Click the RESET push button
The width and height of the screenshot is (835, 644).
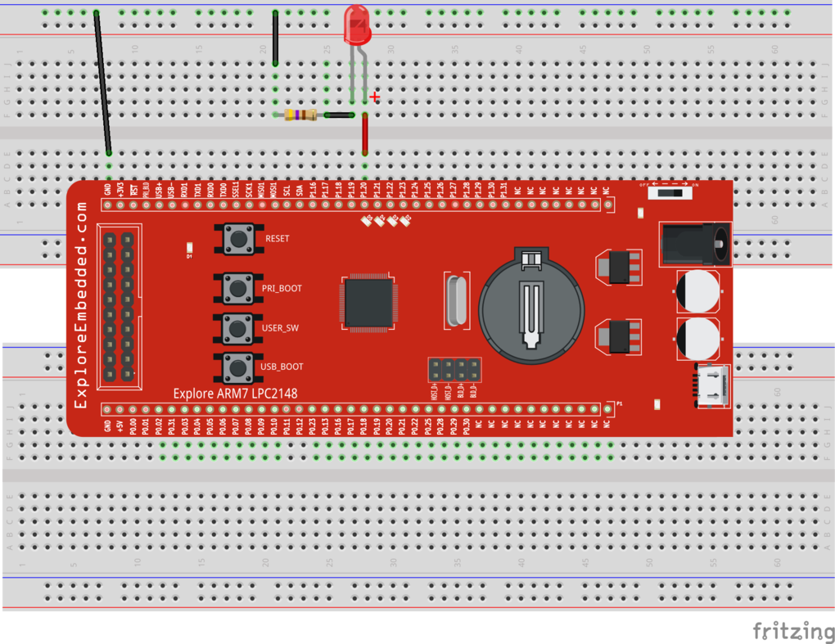pos(238,239)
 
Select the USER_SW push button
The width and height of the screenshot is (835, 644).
pos(238,328)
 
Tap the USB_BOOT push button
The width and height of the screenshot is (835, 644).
pos(238,367)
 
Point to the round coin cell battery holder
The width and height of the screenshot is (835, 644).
pos(531,306)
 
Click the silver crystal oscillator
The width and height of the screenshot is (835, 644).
pos(456,299)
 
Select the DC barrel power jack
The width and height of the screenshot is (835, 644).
pos(695,243)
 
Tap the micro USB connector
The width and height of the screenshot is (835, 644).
pos(711,385)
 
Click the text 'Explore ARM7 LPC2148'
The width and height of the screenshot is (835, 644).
pos(235,394)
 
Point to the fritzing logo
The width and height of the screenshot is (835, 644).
pos(793,631)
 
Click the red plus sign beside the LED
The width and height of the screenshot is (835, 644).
pos(375,97)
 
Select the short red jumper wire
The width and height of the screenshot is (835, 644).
pos(365,133)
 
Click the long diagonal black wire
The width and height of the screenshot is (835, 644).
pos(102,82)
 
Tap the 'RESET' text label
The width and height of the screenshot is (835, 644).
pos(278,239)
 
